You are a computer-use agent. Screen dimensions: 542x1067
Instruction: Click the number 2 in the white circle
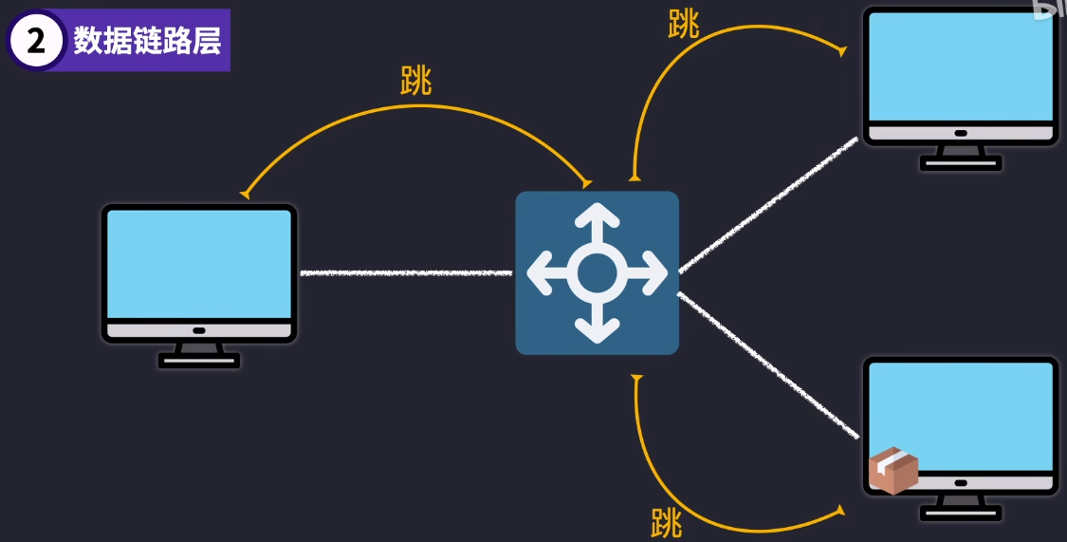36,42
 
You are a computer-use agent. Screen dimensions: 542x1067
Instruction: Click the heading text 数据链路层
147,42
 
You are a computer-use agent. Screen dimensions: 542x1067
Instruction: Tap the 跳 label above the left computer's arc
415,82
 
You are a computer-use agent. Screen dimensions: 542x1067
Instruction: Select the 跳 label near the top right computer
683,25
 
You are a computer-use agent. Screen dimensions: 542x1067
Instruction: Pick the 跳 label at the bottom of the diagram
667,522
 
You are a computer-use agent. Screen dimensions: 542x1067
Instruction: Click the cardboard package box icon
893,471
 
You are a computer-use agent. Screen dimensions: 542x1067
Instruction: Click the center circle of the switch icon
597,273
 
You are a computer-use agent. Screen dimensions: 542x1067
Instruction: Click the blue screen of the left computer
199,264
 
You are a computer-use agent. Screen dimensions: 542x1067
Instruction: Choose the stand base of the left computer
199,360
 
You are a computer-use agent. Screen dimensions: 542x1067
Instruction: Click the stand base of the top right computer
961,163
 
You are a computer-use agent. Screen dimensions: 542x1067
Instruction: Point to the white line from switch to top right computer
768,204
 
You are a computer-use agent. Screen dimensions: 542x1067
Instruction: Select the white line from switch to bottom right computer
768,364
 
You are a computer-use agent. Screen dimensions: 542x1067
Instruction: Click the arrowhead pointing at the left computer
246,194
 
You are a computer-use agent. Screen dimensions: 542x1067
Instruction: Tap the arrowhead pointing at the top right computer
841,51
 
